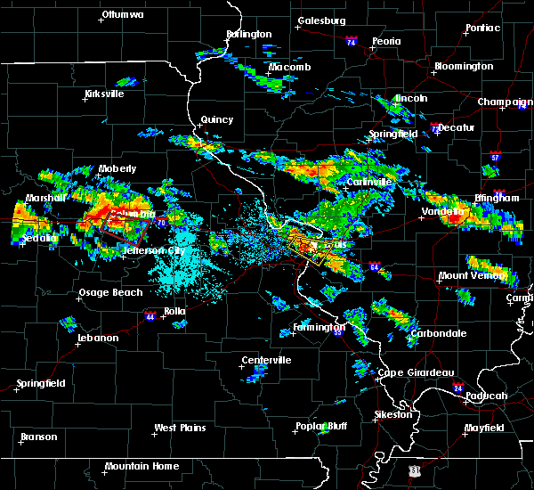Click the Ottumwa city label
(122, 14)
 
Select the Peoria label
(385, 41)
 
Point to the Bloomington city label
(463, 67)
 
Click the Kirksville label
(103, 94)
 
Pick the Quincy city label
(217, 119)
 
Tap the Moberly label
(117, 168)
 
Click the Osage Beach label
(111, 293)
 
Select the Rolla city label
(174, 310)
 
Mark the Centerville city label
(266, 360)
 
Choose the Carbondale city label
(437, 333)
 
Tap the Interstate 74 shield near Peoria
(351, 42)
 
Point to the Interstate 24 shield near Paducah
(457, 388)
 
